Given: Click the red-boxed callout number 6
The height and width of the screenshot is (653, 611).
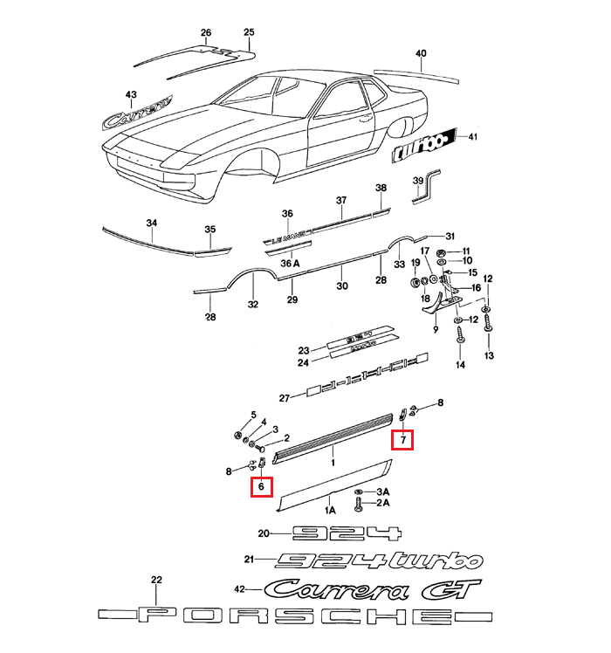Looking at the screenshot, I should click(x=261, y=488).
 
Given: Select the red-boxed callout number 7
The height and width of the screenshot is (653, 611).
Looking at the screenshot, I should click(x=403, y=440).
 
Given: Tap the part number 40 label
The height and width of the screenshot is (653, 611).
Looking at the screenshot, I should click(x=421, y=54).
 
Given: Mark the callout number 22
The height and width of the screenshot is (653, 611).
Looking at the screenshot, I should click(x=157, y=579).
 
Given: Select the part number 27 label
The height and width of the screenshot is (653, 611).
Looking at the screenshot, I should click(x=284, y=398).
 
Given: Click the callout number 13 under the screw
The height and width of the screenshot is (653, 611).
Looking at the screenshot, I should click(x=489, y=355).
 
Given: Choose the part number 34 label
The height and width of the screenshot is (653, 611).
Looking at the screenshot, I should click(x=152, y=223).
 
